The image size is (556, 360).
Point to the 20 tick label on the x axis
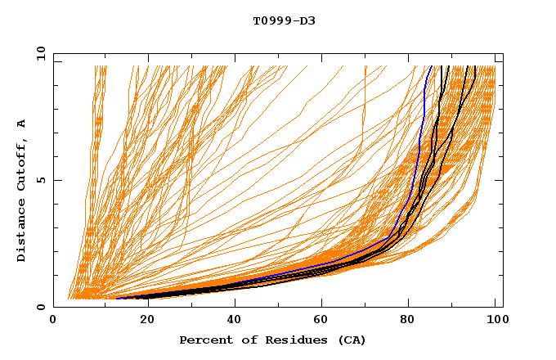[x=148, y=322]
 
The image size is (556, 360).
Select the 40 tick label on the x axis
[x=237, y=322]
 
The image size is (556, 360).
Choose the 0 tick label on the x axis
[x=53, y=322]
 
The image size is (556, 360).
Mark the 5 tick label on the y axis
[x=41, y=180]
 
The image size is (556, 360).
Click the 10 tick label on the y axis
[x=38, y=53]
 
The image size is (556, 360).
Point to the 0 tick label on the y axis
[x=41, y=307]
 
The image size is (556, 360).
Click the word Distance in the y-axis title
[x=21, y=233]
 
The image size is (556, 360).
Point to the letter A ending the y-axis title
[x=21, y=123]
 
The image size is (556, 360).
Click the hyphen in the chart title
[x=292, y=20]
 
